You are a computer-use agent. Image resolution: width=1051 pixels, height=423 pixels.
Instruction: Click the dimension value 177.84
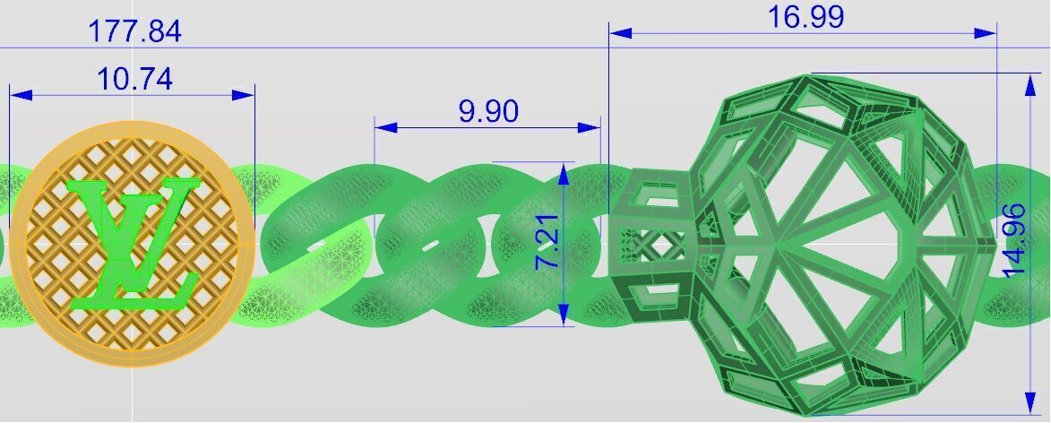(134, 32)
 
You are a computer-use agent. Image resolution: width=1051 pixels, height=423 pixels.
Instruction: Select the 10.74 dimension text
(134, 80)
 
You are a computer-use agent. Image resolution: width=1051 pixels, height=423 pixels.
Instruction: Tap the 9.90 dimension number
(488, 112)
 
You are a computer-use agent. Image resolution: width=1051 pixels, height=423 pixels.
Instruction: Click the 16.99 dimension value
(805, 17)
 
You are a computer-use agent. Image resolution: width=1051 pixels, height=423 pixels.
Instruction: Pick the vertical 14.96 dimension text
(1014, 240)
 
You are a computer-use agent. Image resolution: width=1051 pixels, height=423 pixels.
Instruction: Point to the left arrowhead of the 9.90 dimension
(385, 127)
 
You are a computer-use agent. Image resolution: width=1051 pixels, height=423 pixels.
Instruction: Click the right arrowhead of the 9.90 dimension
(590, 127)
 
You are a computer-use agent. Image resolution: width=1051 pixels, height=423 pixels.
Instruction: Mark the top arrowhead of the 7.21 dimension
(564, 173)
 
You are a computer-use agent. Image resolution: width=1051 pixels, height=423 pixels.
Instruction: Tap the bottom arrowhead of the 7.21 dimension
(564, 315)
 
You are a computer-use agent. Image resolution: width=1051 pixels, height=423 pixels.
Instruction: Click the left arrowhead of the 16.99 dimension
(621, 33)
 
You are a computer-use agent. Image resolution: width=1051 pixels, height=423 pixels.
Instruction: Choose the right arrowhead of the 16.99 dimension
(985, 33)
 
